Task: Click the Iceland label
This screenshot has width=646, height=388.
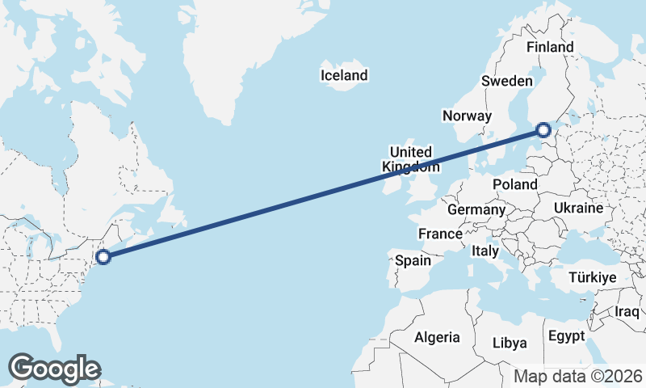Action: pos(344,75)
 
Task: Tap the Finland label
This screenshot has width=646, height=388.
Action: pos(550,47)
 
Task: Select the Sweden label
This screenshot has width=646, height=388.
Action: pos(506,81)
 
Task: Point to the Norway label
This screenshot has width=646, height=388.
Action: pos(468,116)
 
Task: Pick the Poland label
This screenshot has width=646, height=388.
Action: pos(515,184)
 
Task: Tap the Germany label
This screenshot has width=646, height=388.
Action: pos(476,209)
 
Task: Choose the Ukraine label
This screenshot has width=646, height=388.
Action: pos(578,209)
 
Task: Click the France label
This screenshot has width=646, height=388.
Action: pos(439,234)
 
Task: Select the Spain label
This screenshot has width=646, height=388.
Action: pos(413,261)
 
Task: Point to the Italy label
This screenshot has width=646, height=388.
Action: pos(485,251)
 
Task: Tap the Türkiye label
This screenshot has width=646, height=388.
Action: pos(593,277)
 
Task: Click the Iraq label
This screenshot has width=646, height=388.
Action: pos(627,311)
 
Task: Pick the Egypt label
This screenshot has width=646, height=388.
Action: pos(566,335)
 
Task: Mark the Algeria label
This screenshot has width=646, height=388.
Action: pos(437,337)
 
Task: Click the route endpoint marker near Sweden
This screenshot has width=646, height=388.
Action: pos(543,129)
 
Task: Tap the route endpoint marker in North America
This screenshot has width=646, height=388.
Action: pos(103,257)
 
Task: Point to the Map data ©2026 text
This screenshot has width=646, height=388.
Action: pos(578,376)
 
